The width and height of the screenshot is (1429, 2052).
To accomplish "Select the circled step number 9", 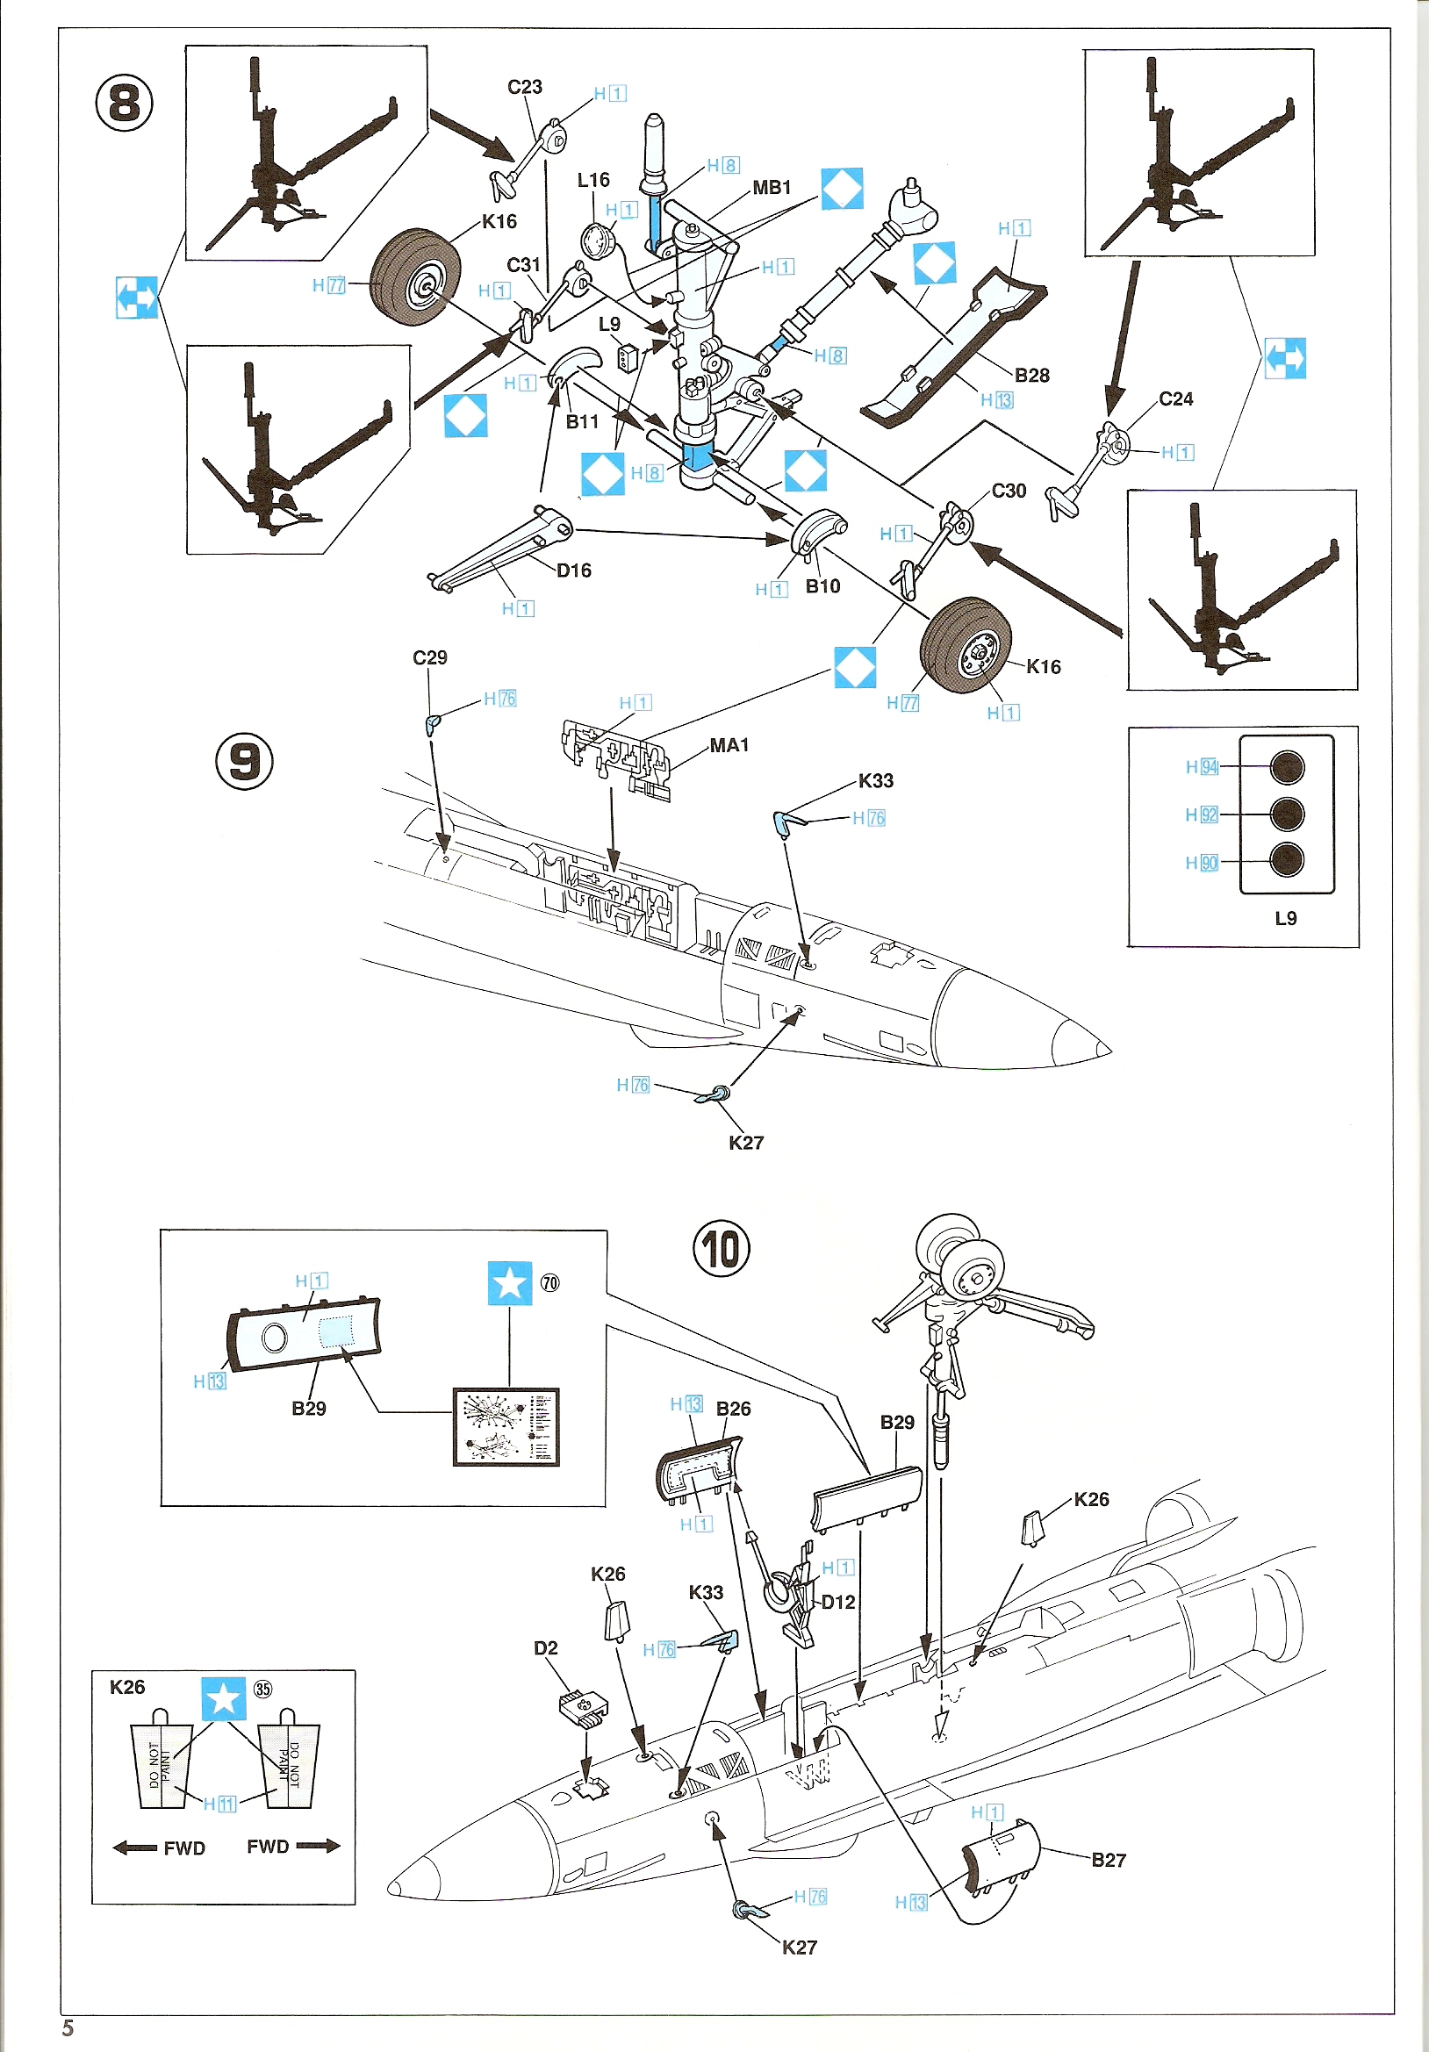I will [x=244, y=761].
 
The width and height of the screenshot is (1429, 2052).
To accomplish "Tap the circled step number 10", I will [x=722, y=1249].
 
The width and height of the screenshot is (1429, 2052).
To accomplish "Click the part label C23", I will [x=525, y=87].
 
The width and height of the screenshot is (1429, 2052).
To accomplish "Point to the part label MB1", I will [x=772, y=188].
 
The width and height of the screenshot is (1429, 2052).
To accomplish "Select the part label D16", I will [x=574, y=570].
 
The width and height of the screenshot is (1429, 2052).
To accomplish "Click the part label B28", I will [x=1031, y=376].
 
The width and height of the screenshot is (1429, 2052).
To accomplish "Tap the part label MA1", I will [x=729, y=745].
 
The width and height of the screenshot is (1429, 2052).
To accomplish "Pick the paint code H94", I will [x=1202, y=767].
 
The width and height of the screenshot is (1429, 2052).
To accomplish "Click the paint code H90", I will [x=1202, y=863].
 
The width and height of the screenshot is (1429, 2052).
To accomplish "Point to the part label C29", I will [x=430, y=657].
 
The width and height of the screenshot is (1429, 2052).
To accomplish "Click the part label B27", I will [x=1108, y=1860].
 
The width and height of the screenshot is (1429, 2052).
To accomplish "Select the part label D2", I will [x=545, y=1648].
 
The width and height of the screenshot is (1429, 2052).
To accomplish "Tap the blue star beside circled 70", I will [x=509, y=1283].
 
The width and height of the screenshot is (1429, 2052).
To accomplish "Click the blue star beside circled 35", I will [x=223, y=1698].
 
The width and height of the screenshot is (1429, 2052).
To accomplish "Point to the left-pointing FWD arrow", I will [x=135, y=1848].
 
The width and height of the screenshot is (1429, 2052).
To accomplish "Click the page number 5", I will [x=68, y=2028].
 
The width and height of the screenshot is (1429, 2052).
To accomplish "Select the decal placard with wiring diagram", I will [x=506, y=1426].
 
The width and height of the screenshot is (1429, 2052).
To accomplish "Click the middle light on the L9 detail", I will [x=1286, y=814].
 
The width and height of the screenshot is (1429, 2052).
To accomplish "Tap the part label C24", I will [x=1175, y=399].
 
